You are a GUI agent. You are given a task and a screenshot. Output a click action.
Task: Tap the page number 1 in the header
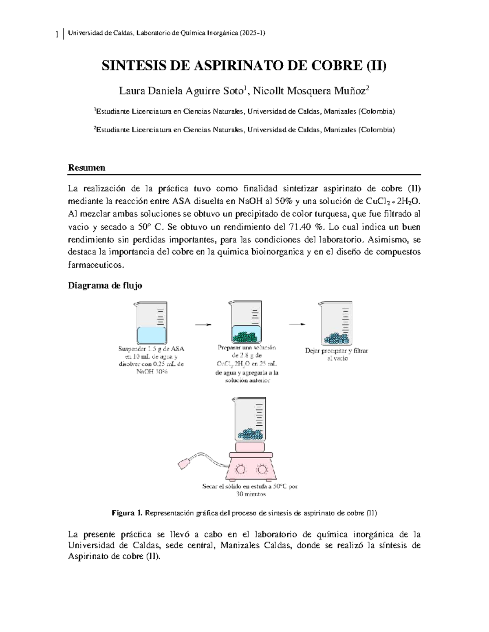click(57, 34)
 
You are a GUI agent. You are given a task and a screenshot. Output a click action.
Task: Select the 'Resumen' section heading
click(86, 168)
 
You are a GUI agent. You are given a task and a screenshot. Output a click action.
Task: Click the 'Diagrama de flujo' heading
click(105, 286)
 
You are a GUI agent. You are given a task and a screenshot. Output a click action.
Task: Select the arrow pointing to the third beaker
click(297, 324)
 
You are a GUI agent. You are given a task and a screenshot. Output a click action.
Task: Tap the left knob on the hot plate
click(241, 470)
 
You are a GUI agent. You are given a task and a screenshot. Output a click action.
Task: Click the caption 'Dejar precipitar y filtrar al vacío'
click(336, 354)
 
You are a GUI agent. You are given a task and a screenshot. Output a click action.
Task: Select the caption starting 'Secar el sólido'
click(250, 490)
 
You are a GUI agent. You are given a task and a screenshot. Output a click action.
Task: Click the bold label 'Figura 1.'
click(127, 513)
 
